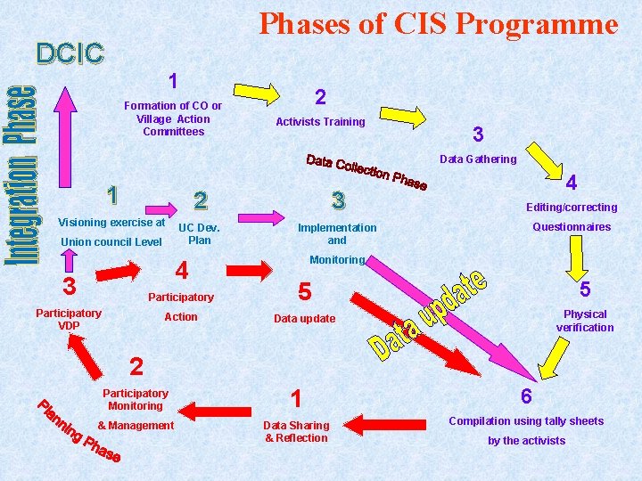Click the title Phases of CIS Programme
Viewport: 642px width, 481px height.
pyautogui.click(x=438, y=24)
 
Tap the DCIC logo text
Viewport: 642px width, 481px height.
pyautogui.click(x=70, y=53)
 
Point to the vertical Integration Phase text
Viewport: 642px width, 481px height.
pyautogui.click(x=22, y=174)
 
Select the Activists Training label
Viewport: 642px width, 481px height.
pyautogui.click(x=320, y=122)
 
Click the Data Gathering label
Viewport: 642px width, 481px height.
pyautogui.click(x=478, y=159)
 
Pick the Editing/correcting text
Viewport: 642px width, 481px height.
pyautogui.click(x=572, y=208)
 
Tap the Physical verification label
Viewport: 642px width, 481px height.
pyautogui.click(x=585, y=321)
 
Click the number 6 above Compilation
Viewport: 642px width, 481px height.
pyautogui.click(x=526, y=396)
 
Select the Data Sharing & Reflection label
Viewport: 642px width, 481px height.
pyautogui.click(x=296, y=431)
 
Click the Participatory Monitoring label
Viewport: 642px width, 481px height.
pyautogui.click(x=136, y=399)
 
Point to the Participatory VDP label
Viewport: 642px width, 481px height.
pyautogui.click(x=69, y=319)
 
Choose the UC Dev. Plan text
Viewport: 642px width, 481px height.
pyautogui.click(x=200, y=233)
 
